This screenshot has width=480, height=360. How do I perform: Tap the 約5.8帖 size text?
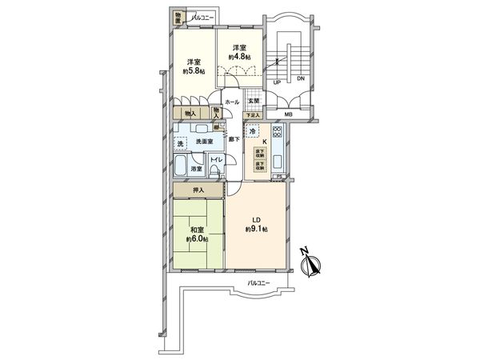pyautogui.click(x=193, y=72)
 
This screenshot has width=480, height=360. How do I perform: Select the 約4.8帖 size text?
pyautogui.click(x=238, y=57)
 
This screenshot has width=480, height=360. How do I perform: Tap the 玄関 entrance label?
pyautogui.click(x=253, y=101)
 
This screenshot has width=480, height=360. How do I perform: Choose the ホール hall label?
pyautogui.click(x=231, y=102)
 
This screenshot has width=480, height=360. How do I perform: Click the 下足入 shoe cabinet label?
pyautogui.click(x=253, y=116)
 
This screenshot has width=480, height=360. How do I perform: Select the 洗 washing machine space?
pyautogui.click(x=181, y=143)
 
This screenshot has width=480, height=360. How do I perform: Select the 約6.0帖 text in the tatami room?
pyautogui.click(x=196, y=239)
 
